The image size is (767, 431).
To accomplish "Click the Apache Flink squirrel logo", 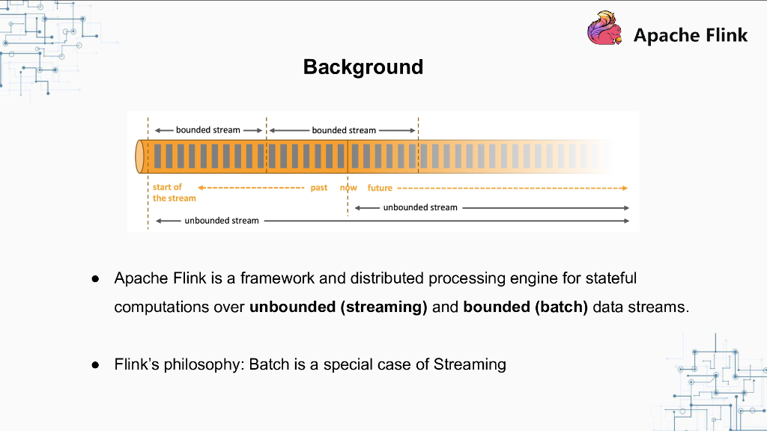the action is coord(605,28).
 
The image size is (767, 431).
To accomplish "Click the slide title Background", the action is coord(363,67).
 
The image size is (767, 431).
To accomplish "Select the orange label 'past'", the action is coord(319,188).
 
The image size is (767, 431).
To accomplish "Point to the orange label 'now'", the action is coord(348,188).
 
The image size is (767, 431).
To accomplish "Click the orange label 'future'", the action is coord(380,188).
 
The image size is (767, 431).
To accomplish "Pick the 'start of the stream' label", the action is coord(174,192).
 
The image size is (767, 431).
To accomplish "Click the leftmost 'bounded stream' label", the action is coord(208,130).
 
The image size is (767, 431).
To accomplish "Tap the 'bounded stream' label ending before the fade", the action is coord(344,130).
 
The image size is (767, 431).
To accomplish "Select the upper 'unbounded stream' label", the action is coord(420,208).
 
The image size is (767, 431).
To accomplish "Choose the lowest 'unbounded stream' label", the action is coord(222,221).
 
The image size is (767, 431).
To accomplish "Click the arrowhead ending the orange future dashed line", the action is coord(625,188).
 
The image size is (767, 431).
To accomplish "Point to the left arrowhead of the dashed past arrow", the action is coord(201,188).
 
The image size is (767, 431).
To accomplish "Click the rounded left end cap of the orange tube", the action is coord(139,156).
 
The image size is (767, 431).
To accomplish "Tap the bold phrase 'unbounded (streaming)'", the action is coord(338,307).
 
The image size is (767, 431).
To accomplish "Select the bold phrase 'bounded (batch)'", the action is coord(525,307).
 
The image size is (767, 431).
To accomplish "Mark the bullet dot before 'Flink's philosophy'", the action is coord(95,365).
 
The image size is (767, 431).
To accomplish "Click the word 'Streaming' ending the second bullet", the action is coord(470,364).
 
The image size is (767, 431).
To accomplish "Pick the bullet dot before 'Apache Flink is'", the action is coord(95,279).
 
